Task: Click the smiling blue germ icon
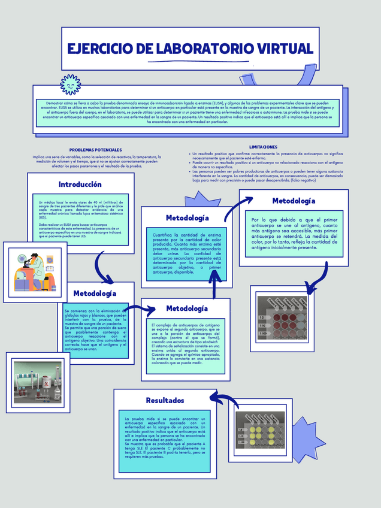click(x=71, y=85)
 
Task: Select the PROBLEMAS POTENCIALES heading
click(x=96, y=150)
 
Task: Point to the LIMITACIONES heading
click(x=263, y=147)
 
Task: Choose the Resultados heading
click(x=165, y=400)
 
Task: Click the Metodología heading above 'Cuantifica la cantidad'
click(x=188, y=218)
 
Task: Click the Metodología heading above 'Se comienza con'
click(x=95, y=294)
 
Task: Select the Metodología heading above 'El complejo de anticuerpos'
click(x=186, y=309)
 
